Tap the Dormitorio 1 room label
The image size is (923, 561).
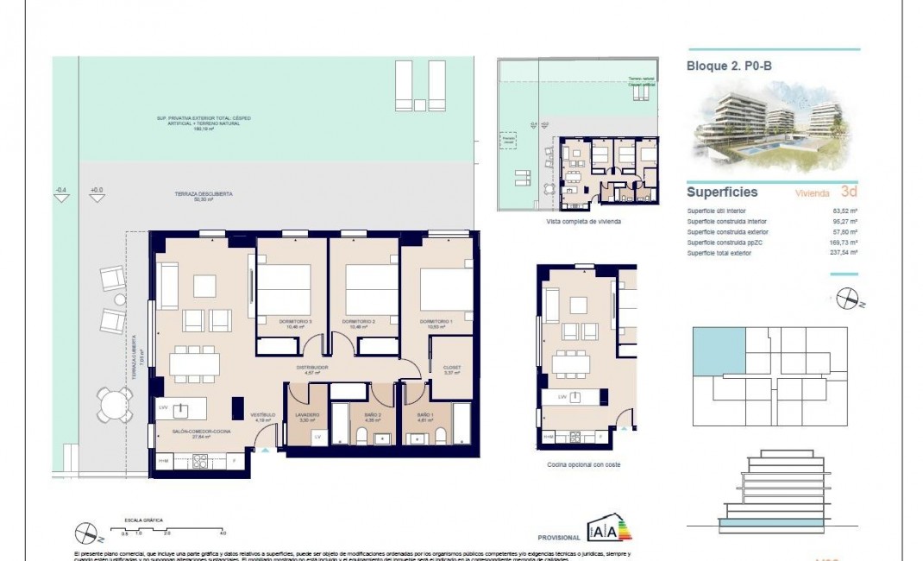point(436,322)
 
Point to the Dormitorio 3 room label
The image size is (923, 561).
point(294,322)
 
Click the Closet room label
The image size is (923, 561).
point(451,368)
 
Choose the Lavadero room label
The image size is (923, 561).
point(308,415)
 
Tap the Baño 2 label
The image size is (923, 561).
point(373,415)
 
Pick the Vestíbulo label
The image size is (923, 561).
point(261,415)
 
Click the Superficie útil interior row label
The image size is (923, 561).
point(716,211)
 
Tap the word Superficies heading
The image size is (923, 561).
point(722,192)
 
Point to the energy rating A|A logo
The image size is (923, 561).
point(608,528)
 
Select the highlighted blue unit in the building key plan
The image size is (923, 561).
point(717,352)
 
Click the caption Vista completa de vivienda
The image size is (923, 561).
point(583,222)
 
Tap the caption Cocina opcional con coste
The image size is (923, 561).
point(583,464)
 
